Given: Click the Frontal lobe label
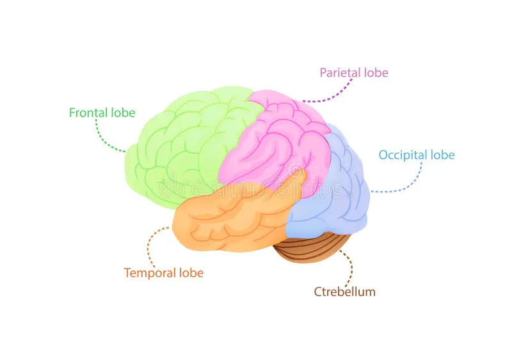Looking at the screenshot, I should (x=102, y=113).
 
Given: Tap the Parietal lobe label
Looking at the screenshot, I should (x=354, y=72).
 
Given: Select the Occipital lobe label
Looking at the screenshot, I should (x=417, y=155).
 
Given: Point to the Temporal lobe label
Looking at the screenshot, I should (x=164, y=273).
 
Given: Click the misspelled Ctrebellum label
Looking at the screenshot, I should (x=344, y=292).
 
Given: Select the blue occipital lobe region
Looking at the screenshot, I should (x=336, y=192).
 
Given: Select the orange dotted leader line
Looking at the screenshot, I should (x=149, y=246).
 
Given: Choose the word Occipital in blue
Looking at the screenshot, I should (x=403, y=155).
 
